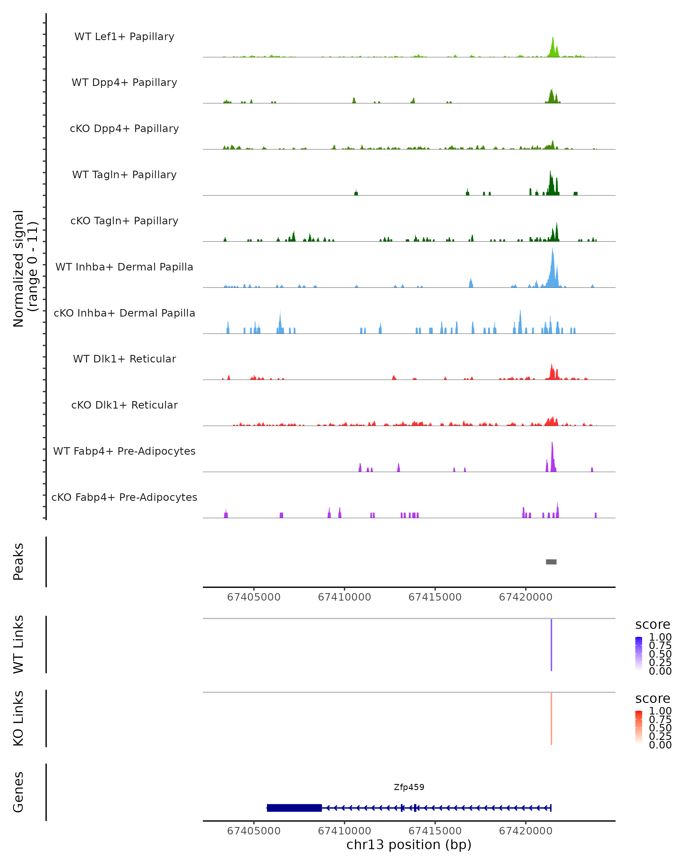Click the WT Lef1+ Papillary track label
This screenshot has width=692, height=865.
[x=124, y=37]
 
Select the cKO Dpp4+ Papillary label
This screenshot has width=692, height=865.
[x=124, y=128]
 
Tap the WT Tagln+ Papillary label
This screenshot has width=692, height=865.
[x=124, y=174]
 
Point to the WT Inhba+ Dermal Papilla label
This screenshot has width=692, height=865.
[x=124, y=267]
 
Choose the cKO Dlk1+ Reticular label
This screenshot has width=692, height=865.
[x=124, y=405]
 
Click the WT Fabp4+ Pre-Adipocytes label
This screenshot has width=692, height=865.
[x=124, y=451]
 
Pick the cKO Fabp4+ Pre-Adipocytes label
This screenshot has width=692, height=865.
[x=124, y=497]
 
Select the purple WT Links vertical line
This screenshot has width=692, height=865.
[x=551, y=645]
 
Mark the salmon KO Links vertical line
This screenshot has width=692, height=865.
[x=551, y=719]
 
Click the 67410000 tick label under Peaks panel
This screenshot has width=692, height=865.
[x=344, y=597]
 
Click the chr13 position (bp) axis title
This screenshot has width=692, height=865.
[x=409, y=845]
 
